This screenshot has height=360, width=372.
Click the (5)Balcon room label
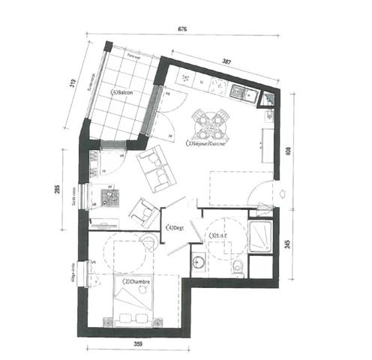point(123,93)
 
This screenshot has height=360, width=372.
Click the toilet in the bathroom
point(237,267)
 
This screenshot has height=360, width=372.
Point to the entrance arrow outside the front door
point(280,193)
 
